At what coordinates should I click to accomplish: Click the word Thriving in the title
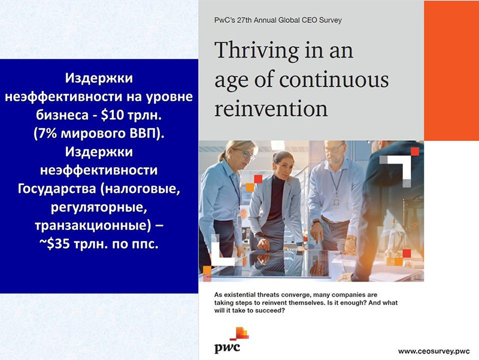pyautogui.click(x=257, y=51)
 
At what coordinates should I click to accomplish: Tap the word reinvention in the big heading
pyautogui.click(x=271, y=108)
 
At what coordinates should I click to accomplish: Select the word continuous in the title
pyautogui.click(x=334, y=80)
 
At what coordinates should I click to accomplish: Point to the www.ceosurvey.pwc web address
pyautogui.click(x=433, y=351)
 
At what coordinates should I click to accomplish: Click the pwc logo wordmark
pyautogui.click(x=227, y=347)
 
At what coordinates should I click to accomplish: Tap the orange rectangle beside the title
pyautogui.click(x=451, y=71)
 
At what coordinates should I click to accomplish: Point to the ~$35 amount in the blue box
pyautogui.click(x=55, y=244)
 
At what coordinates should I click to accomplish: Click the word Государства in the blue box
pyautogui.click(x=57, y=189)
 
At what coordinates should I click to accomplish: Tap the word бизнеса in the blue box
pyautogui.click(x=60, y=116)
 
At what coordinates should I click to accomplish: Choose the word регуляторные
pyautogui.click(x=99, y=208)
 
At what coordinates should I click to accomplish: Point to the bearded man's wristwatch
pyautogui.click(x=316, y=222)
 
